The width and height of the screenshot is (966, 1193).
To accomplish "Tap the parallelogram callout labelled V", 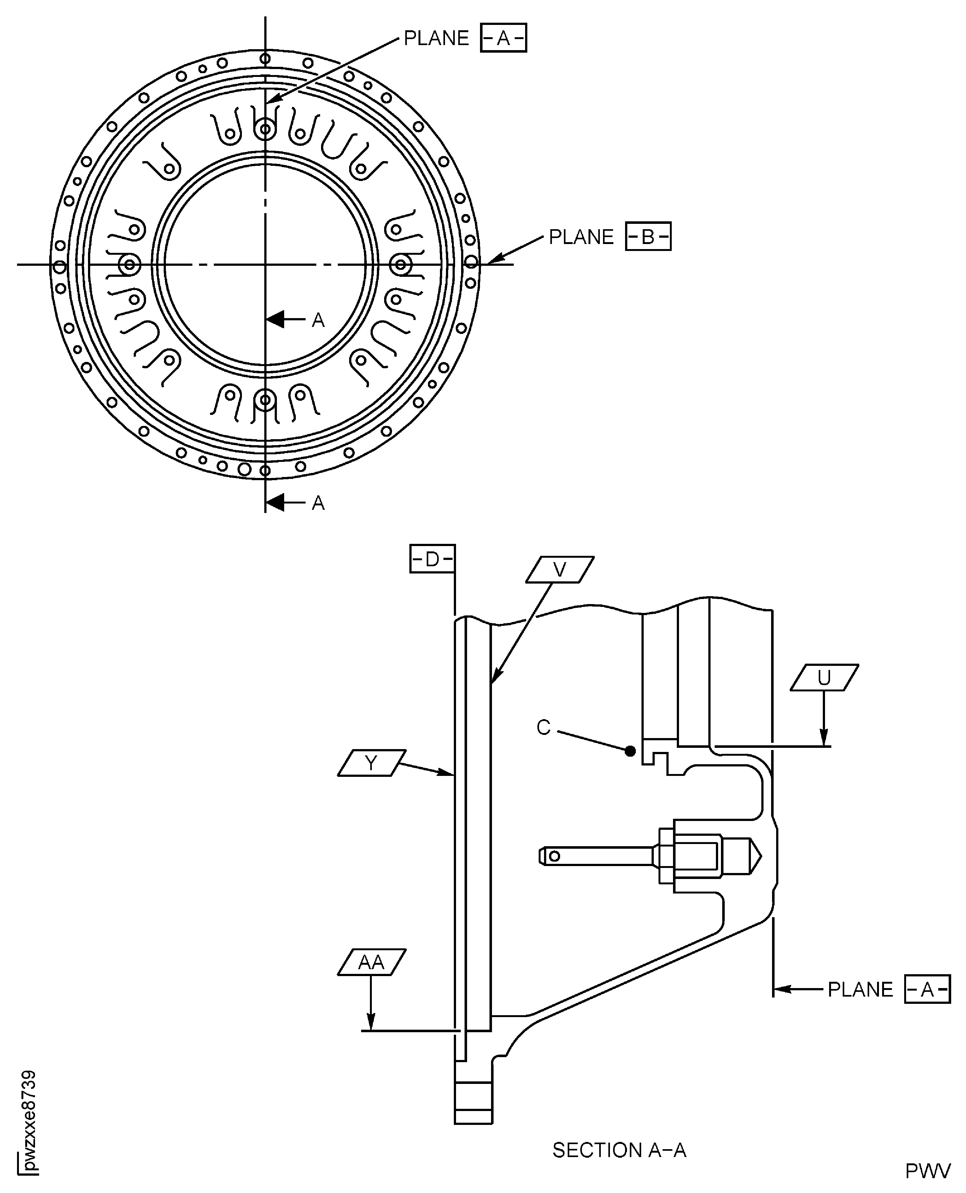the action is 560,569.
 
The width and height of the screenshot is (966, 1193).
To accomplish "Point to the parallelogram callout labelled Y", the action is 371,763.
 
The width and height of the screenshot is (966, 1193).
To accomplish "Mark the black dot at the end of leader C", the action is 630,751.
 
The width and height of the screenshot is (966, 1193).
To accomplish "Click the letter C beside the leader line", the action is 544,727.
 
